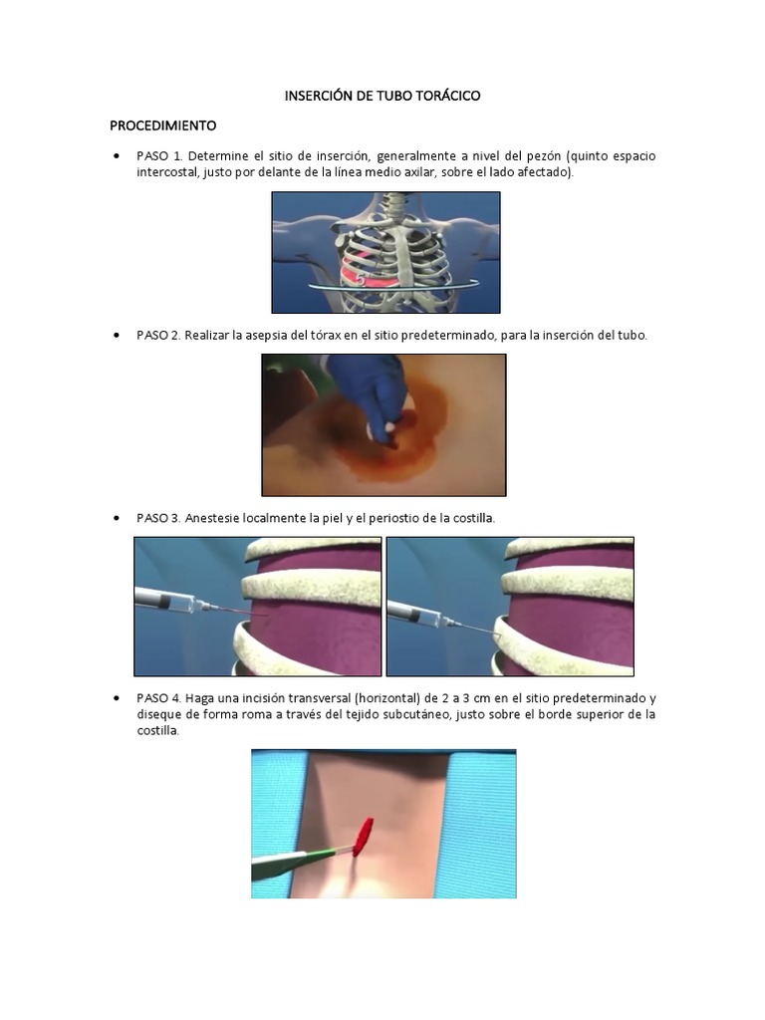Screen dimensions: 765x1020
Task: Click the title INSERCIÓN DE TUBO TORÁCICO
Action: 382,96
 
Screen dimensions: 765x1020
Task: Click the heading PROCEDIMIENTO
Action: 162,125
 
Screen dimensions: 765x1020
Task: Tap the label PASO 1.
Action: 159,156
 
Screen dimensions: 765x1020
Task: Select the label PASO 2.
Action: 158,336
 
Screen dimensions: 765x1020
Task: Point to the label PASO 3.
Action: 158,518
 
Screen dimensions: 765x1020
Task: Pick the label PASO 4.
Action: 158,698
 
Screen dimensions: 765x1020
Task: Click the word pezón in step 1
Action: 543,156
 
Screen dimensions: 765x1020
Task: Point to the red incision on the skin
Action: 363,836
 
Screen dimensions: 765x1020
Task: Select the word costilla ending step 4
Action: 157,730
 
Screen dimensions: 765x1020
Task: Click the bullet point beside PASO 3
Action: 117,518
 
